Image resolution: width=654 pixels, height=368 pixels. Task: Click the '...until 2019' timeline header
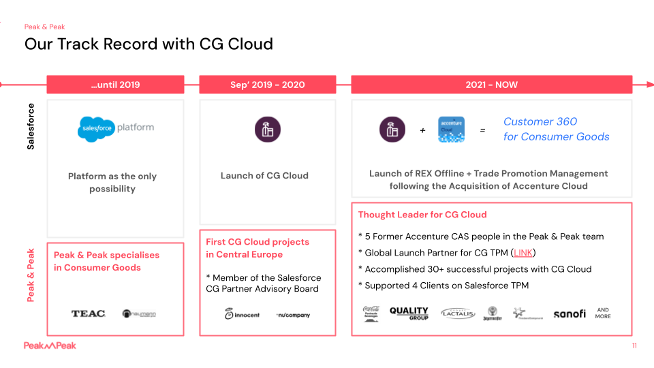pyautogui.click(x=115, y=85)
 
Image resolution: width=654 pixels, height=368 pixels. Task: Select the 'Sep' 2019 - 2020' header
pyautogui.click(x=267, y=85)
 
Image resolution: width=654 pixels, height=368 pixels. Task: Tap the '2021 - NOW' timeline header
pyautogui.click(x=491, y=85)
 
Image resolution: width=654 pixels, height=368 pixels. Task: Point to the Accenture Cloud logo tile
pyautogui.click(x=451, y=129)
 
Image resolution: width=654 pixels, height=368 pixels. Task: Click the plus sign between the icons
pyautogui.click(x=422, y=130)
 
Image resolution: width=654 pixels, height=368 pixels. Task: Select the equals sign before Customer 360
pyautogui.click(x=482, y=130)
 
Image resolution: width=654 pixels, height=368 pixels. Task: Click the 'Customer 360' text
pyautogui.click(x=540, y=121)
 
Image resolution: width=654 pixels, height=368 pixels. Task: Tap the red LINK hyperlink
pyautogui.click(x=523, y=253)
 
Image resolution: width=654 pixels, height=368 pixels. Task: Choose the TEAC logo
pyautogui.click(x=89, y=313)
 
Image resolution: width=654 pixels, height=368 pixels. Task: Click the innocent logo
pyautogui.click(x=242, y=314)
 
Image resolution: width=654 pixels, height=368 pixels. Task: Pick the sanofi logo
pyautogui.click(x=569, y=313)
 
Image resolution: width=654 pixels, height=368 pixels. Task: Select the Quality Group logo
pyautogui.click(x=409, y=313)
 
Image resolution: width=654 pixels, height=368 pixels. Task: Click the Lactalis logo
pyautogui.click(x=458, y=313)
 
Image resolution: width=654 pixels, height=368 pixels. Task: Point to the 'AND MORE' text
pyautogui.click(x=603, y=313)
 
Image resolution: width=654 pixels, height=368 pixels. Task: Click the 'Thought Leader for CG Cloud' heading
pyautogui.click(x=422, y=215)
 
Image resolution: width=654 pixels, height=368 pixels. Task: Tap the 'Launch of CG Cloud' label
pyautogui.click(x=264, y=176)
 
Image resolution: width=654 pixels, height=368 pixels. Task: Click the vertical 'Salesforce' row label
pyautogui.click(x=31, y=126)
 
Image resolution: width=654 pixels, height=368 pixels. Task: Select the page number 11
pyautogui.click(x=634, y=346)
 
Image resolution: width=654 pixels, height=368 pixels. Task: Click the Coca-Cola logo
pyautogui.click(x=371, y=313)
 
